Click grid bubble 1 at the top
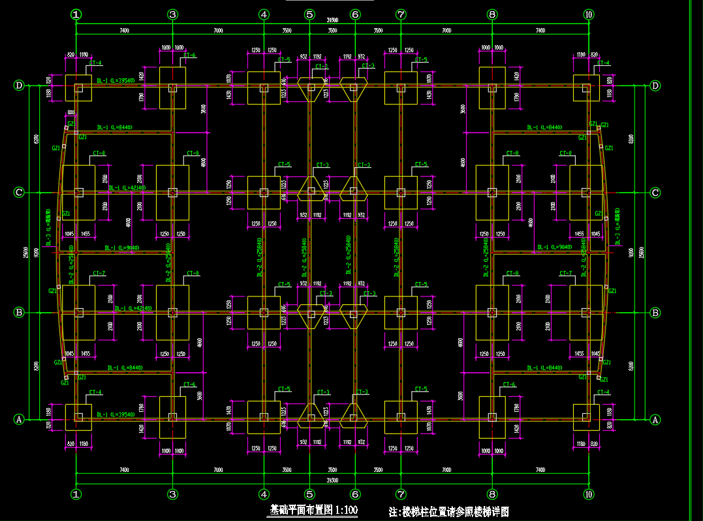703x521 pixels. (x=76, y=14)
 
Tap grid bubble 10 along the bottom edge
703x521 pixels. (x=589, y=494)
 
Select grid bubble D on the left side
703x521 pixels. (x=20, y=86)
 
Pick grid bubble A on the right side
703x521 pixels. (x=655, y=420)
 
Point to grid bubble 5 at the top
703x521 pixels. (x=309, y=14)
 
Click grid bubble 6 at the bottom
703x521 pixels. (x=355, y=494)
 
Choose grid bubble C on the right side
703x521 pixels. (x=655, y=193)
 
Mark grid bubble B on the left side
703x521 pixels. (x=20, y=313)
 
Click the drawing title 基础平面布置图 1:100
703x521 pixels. (x=314, y=511)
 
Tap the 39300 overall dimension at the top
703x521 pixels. (x=333, y=22)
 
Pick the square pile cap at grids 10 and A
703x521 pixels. (x=586, y=417)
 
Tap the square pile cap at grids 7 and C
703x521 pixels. (x=401, y=193)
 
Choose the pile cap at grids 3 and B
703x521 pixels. (x=172, y=313)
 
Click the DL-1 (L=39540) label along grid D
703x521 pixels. (x=116, y=80)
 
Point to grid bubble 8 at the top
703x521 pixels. (x=492, y=14)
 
